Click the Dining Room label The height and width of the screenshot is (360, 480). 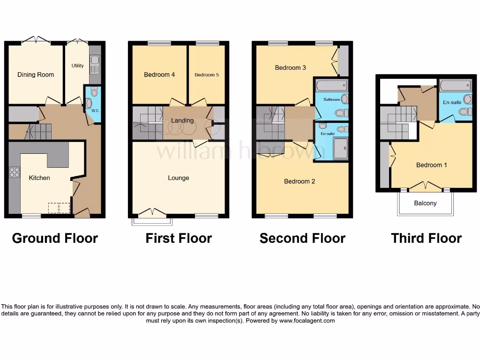36,75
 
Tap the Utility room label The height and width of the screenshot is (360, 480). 78,66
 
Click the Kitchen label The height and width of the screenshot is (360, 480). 39,178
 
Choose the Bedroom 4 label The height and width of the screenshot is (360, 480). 159,75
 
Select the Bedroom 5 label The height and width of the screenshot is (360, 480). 207,75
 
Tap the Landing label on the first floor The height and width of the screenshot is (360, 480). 182,120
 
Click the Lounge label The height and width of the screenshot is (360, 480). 179,178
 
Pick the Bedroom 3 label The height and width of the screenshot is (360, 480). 290,67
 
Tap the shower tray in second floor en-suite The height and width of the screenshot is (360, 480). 341,149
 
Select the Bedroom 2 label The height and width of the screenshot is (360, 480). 300,181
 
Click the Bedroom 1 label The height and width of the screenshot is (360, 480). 432,165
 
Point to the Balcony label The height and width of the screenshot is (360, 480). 425,203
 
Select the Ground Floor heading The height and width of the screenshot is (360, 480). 55,238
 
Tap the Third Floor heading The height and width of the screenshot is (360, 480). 426,238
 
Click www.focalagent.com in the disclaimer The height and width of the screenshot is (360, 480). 307,321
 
